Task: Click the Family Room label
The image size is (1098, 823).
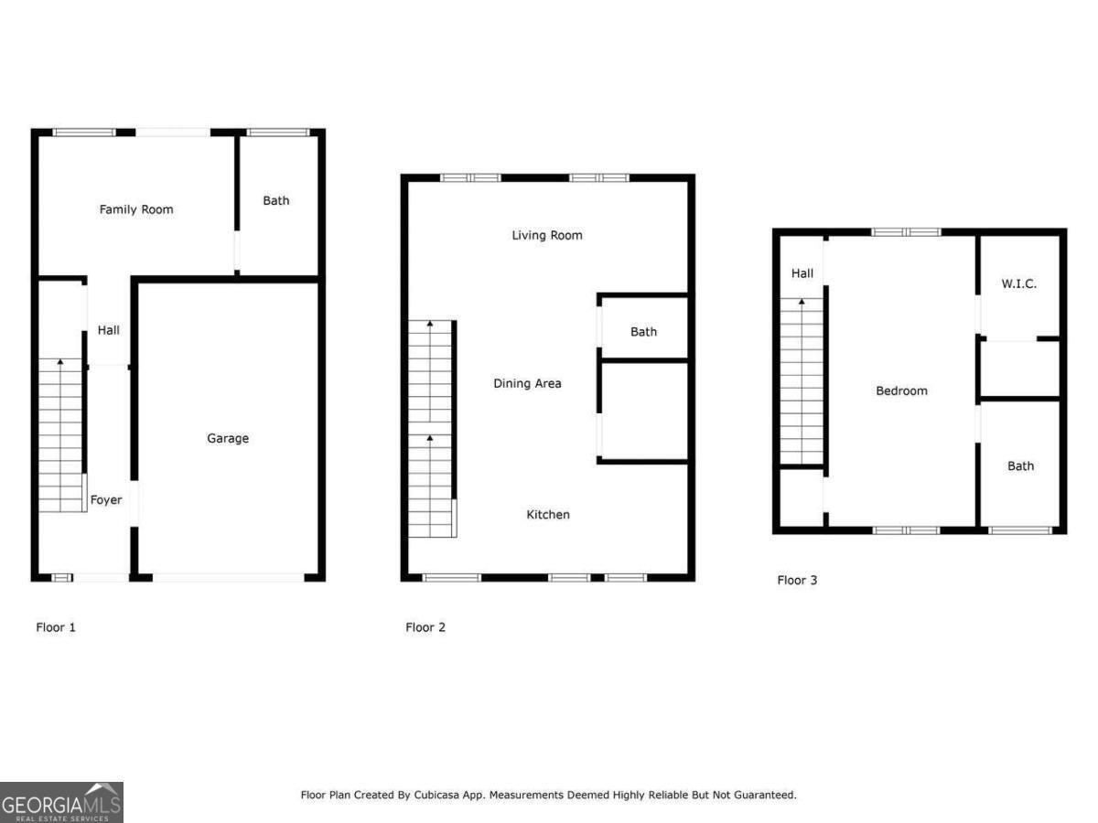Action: pos(136,209)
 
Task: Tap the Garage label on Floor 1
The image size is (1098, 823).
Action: pos(228,438)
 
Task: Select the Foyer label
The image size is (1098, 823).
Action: pos(106,500)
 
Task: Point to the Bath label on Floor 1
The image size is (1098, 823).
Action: pos(276,200)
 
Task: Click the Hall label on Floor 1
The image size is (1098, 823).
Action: pos(108,330)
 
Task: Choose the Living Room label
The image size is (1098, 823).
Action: pos(547,235)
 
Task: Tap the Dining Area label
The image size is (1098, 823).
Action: pos(527,383)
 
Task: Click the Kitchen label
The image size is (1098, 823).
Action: pos(548,515)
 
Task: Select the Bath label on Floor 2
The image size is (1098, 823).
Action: pos(643,332)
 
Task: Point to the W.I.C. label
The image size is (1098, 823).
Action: pos(1019,283)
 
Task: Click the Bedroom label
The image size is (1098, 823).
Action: pos(902,390)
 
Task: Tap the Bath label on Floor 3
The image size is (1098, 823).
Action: pos(1021,465)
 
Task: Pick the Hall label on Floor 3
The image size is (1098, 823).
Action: pos(802,273)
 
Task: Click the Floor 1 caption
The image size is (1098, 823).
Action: pos(56,627)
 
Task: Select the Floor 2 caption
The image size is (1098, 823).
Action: pos(425,627)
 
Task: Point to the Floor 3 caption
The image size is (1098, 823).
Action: pos(797,580)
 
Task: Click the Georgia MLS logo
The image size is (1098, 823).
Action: pos(61,802)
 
